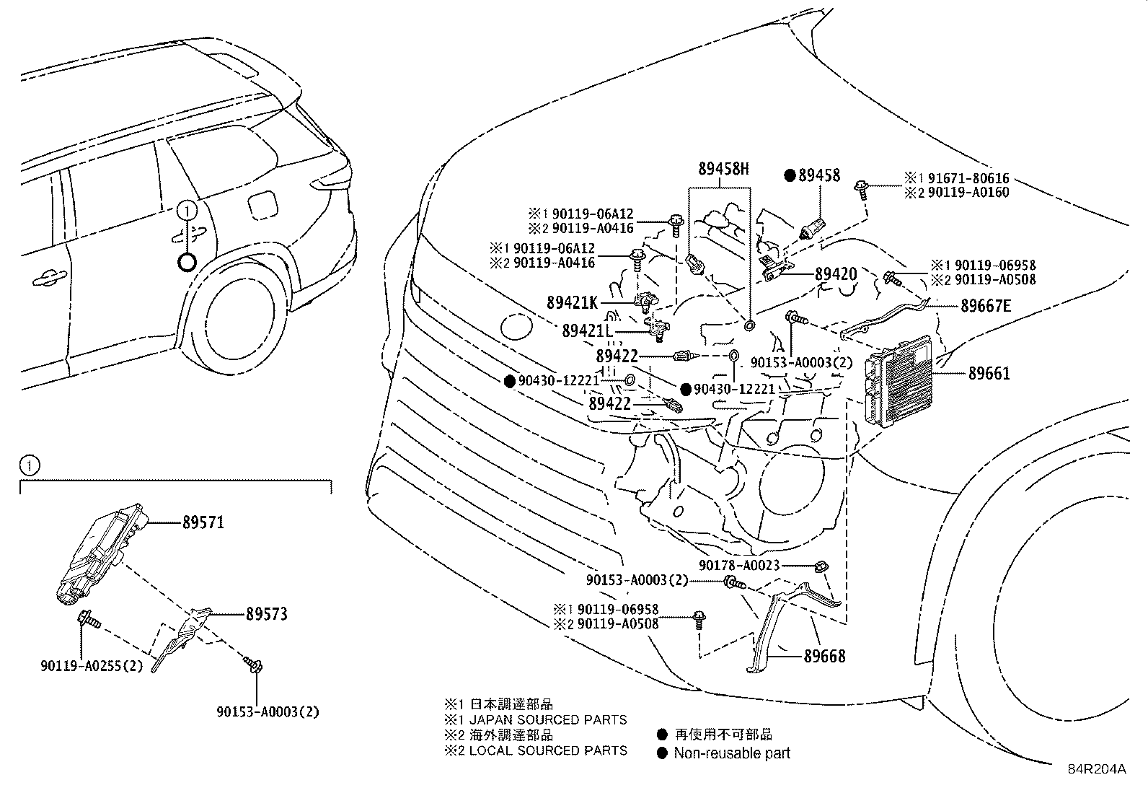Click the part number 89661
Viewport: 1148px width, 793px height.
click(x=989, y=374)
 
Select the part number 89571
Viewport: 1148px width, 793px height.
click(x=203, y=522)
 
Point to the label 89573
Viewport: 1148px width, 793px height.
click(x=267, y=614)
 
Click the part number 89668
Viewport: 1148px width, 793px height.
click(x=825, y=656)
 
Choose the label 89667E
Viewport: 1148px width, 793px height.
click(x=986, y=306)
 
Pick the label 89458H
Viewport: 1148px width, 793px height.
click(x=723, y=168)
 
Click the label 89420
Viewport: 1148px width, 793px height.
click(x=836, y=274)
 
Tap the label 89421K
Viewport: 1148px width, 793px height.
click(x=572, y=302)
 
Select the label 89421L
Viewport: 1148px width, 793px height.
click(x=587, y=331)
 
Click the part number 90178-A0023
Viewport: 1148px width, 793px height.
click(x=739, y=565)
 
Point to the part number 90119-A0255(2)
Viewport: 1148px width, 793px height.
click(x=92, y=666)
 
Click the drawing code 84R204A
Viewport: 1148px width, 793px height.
click(x=1097, y=769)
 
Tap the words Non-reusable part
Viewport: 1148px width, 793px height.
click(x=732, y=753)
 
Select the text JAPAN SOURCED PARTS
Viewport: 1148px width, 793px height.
click(x=548, y=719)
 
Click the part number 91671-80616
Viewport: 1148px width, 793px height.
click(x=968, y=178)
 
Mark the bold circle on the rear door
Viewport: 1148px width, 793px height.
click(x=187, y=263)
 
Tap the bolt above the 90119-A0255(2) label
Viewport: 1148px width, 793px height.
click(x=89, y=620)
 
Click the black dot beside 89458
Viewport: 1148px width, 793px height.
click(x=790, y=175)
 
